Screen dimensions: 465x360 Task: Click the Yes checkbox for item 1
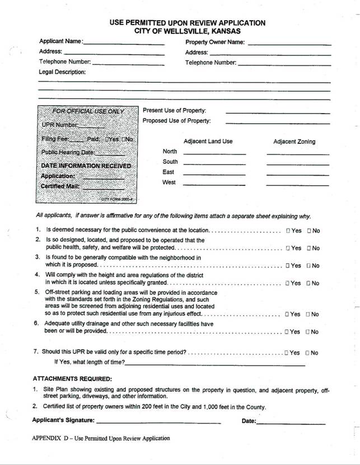288,231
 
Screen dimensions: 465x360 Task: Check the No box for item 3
308,266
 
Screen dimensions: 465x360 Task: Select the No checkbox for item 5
308,314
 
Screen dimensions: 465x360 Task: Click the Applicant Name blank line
124,43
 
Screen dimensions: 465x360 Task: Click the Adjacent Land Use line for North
214,153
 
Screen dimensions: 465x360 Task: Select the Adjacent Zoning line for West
297,184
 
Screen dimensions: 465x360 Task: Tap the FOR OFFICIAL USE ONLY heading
88,111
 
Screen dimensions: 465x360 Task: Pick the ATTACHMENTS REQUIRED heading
72,379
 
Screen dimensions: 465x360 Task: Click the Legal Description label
62,72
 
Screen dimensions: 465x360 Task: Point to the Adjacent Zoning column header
294,142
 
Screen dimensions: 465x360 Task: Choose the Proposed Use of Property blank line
278,123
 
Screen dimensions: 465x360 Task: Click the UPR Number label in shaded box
60,125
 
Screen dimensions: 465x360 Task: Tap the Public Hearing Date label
68,152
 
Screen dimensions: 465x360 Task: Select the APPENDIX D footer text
101,439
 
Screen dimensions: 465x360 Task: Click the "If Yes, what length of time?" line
215,364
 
